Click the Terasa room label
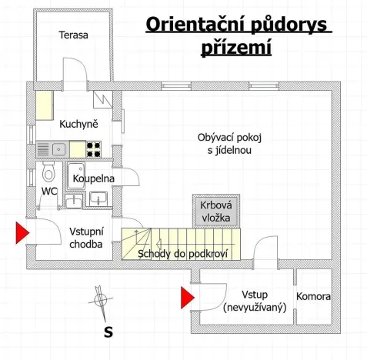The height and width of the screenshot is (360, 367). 74,35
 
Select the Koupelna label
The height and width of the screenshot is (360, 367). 93,178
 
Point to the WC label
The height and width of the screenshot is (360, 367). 48,191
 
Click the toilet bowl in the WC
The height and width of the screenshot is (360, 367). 48,171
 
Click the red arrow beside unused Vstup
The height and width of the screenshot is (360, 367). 187,297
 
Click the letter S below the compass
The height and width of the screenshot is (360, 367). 108,332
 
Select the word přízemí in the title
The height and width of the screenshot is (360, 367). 238,48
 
